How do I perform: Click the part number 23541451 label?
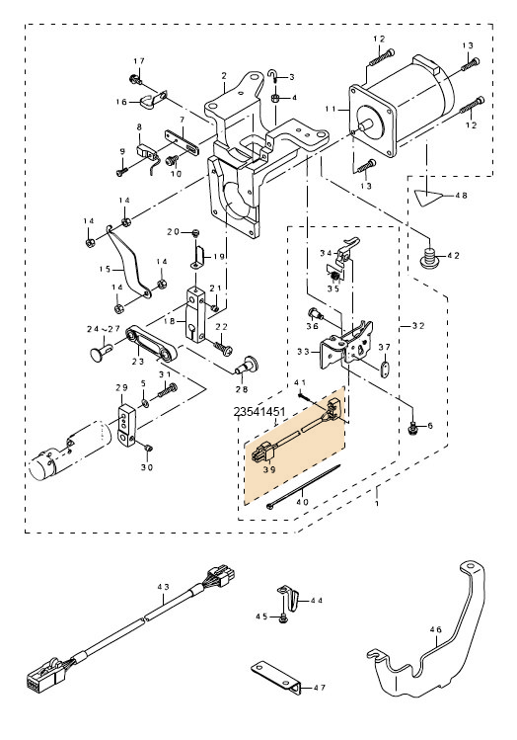[x=259, y=412]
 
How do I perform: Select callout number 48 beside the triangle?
[x=463, y=196]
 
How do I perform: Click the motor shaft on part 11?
[x=367, y=125]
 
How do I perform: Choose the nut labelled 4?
[x=274, y=97]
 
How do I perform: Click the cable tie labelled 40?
[x=303, y=486]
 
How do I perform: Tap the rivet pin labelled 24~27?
[x=101, y=352]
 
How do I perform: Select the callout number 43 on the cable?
[x=163, y=587]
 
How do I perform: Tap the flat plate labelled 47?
[x=276, y=678]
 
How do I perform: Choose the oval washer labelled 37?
[x=385, y=370]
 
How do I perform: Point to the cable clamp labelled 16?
[x=151, y=100]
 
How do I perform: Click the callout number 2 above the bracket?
[x=224, y=75]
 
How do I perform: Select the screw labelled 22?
[x=222, y=347]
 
